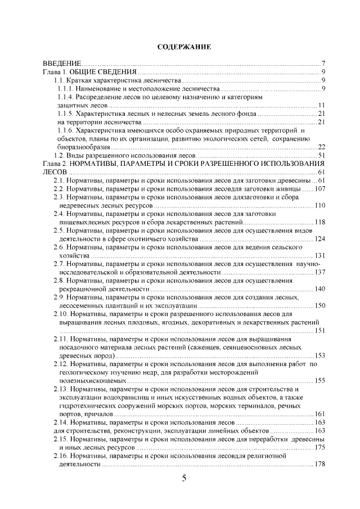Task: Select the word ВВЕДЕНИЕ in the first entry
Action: [62, 63]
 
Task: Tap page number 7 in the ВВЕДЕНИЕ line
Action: [323, 63]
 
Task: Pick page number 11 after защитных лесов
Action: [322, 105]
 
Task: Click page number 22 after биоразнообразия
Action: [322, 147]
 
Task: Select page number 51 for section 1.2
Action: [322, 155]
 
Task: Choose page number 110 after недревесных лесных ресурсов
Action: [320, 205]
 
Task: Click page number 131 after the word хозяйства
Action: [320, 255]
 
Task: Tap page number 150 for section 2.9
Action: [320, 305]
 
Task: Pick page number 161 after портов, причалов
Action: [320, 414]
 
